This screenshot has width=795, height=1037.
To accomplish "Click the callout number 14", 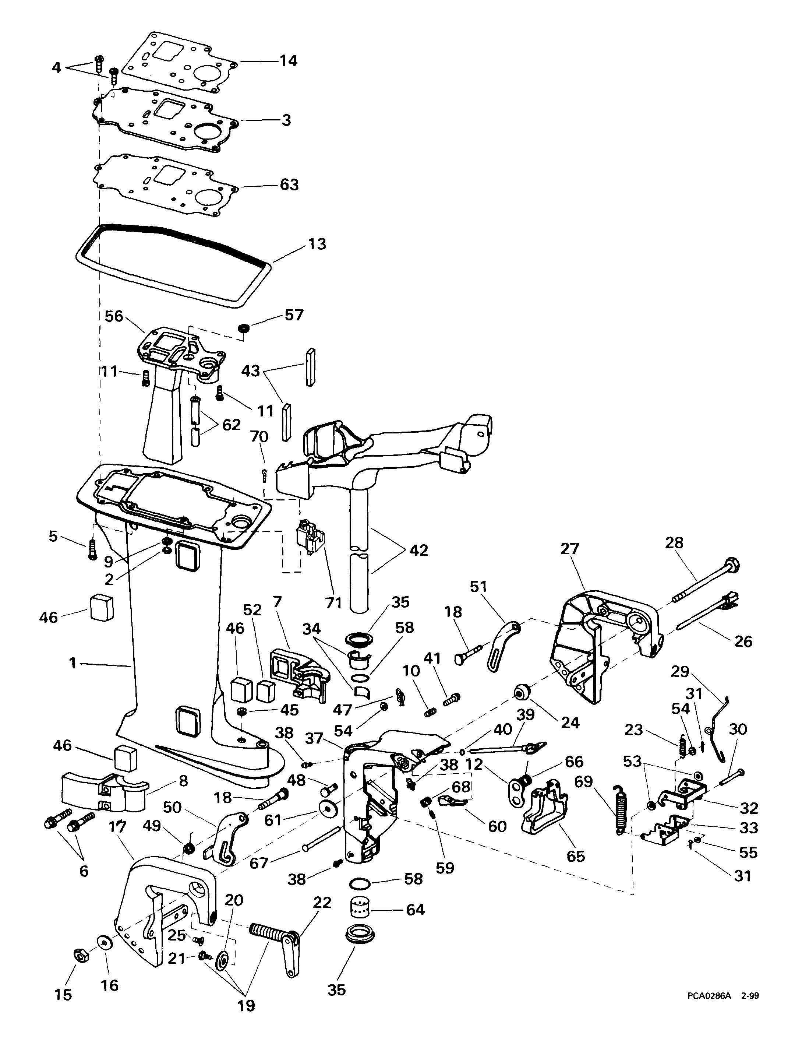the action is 288,61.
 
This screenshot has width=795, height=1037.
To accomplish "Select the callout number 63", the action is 289,184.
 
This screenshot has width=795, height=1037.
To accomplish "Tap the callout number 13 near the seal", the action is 317,244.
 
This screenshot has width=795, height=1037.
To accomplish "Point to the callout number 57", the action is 294,315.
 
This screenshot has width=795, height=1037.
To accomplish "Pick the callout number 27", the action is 570,549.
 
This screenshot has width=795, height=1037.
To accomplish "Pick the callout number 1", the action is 73,663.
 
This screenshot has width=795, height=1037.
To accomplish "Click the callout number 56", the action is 114,316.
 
